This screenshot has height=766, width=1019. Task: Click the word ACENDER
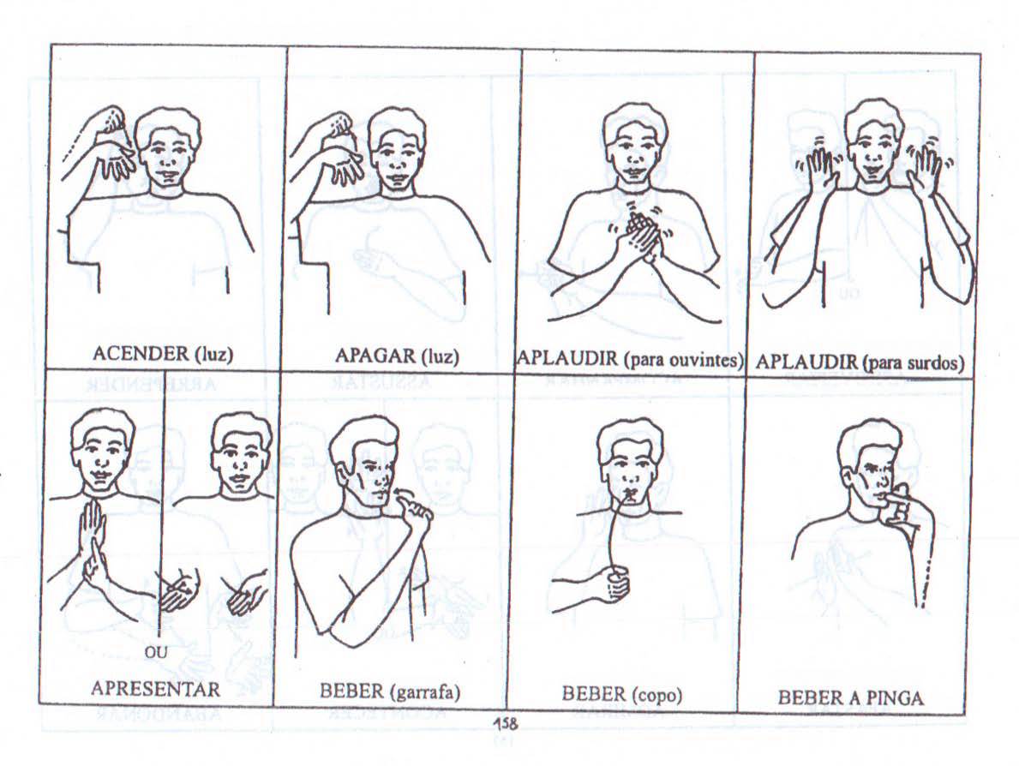pos(141,354)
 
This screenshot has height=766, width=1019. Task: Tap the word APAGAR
pos(375,356)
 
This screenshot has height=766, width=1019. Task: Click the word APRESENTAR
pos(155,688)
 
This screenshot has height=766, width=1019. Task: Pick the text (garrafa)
pos(426,691)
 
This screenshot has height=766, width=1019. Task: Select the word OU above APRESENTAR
pos(156,652)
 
